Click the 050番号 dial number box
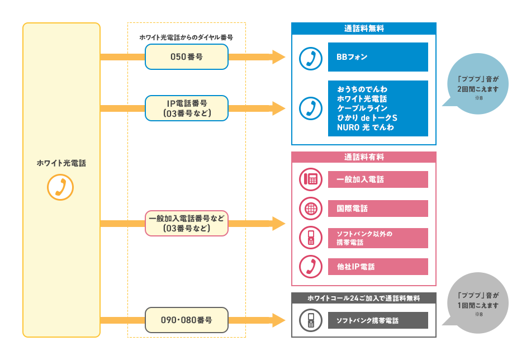coord(186,57)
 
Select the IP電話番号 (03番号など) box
coord(186,108)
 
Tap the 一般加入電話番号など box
coord(186,223)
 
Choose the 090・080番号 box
coord(186,320)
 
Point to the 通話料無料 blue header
coord(363,28)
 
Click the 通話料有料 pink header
coord(363,158)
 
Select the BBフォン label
coord(378,57)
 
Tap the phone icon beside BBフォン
coord(310,57)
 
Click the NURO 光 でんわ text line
coord(365,127)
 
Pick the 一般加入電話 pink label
coord(378,179)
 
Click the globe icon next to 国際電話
coord(310,209)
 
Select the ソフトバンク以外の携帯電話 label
coord(378,238)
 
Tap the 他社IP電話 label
coord(378,267)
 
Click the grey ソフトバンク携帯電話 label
coord(378,320)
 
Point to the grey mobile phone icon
coord(310,320)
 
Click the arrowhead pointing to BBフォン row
coord(278,57)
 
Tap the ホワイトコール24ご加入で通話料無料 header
coord(363,298)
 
